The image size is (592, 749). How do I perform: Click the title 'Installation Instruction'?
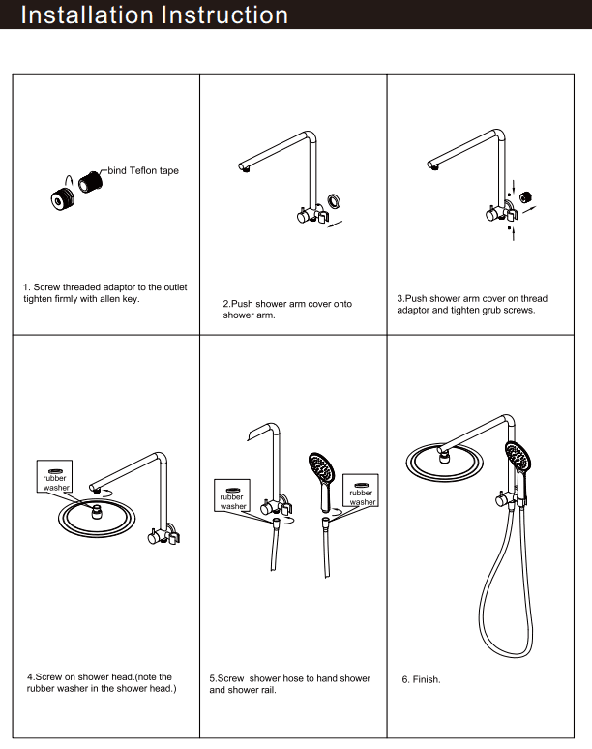(x=155, y=15)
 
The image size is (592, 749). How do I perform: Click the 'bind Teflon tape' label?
(x=142, y=170)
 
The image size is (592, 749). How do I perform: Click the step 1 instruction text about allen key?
(x=104, y=293)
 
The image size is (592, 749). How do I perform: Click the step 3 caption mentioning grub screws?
(x=472, y=304)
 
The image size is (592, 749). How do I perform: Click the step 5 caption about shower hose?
(x=289, y=684)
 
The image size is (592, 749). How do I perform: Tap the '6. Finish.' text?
(x=421, y=680)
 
